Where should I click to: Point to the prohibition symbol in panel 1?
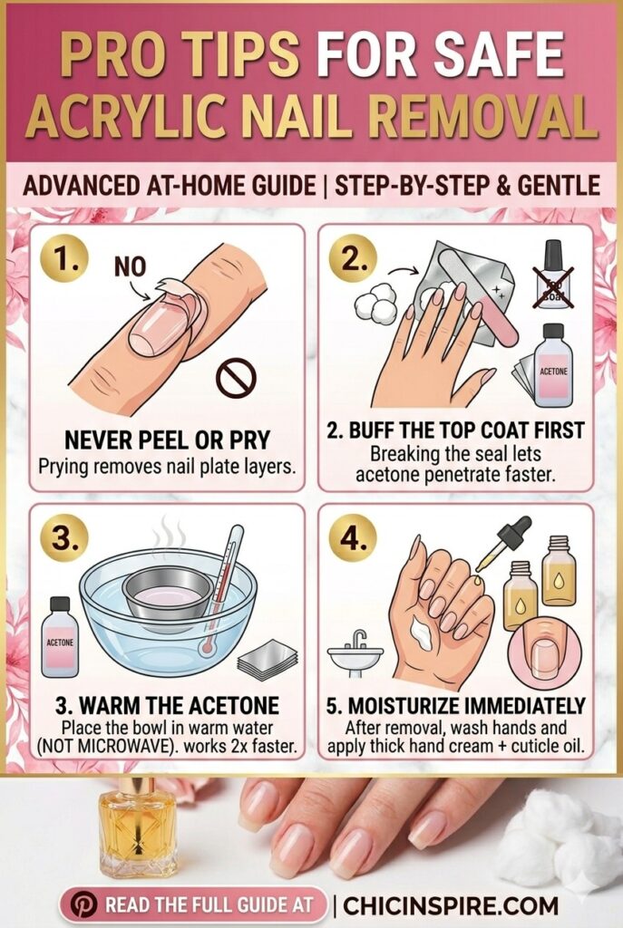234,378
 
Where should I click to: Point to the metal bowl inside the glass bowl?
167,594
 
